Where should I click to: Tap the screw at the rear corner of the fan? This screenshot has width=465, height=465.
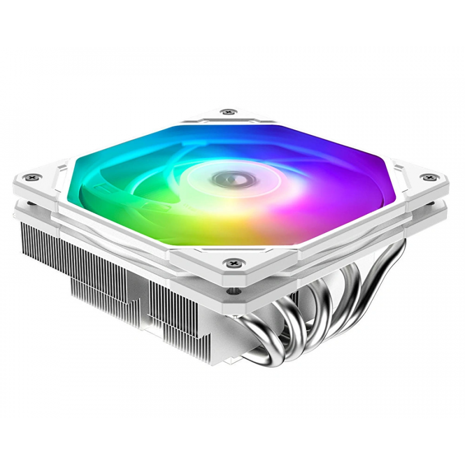227,111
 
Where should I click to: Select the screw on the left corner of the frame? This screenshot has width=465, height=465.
34,177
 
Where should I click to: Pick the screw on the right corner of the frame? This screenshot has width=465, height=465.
428,178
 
